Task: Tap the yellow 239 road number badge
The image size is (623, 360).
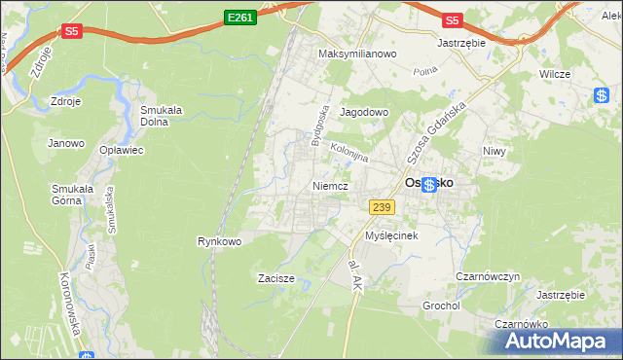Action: pyautogui.click(x=381, y=205)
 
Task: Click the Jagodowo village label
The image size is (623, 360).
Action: pyautogui.click(x=364, y=113)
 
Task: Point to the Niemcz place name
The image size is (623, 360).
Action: pyautogui.click(x=331, y=185)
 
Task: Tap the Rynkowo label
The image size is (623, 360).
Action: pyautogui.click(x=219, y=240)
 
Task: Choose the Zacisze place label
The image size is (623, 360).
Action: pyautogui.click(x=275, y=278)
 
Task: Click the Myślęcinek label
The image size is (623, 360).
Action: pyautogui.click(x=391, y=236)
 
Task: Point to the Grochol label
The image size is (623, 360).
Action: pyautogui.click(x=441, y=306)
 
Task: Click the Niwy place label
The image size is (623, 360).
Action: pyautogui.click(x=496, y=151)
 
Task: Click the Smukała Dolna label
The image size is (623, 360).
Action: pyautogui.click(x=162, y=116)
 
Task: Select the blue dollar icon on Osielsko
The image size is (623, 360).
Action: pyautogui.click(x=428, y=185)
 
